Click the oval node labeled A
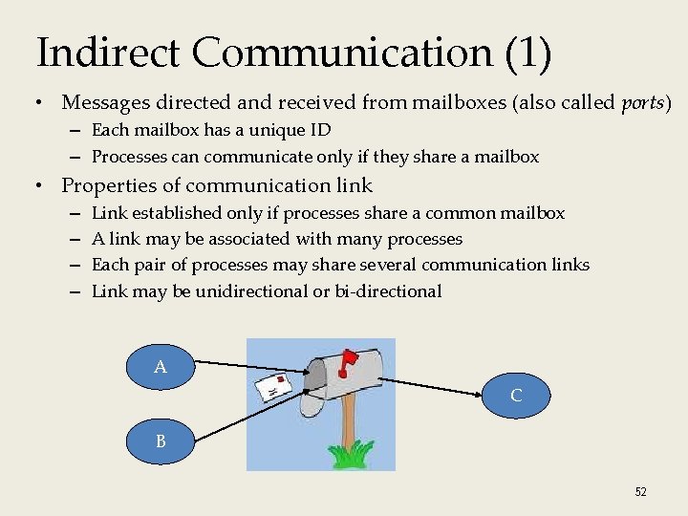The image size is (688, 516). tap(161, 366)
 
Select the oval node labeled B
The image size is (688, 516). tap(161, 442)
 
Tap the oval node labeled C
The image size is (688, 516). tap(516, 395)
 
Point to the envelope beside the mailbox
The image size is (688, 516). tap(273, 388)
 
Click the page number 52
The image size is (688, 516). tap(640, 491)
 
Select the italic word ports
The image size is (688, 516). tap(645, 101)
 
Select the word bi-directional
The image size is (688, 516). tap(388, 291)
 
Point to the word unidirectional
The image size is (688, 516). tap(251, 291)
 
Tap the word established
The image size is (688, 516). tap(174, 213)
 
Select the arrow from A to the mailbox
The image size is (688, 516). tap(253, 365)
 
